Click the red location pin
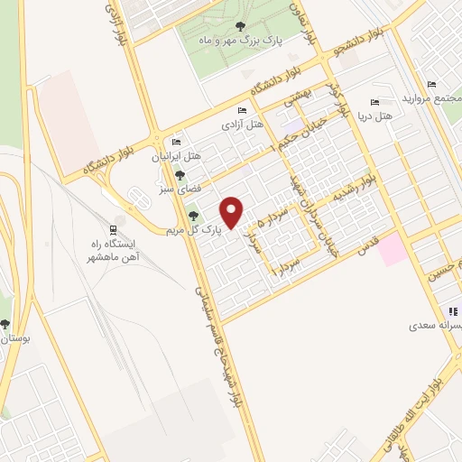[x=233, y=211]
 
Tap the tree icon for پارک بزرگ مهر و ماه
[x=238, y=27]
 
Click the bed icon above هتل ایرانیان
[x=176, y=143]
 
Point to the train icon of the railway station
[x=113, y=229]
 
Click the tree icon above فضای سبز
[x=180, y=175]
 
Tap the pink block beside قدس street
[x=393, y=248]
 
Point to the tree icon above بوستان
[x=5, y=324]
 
